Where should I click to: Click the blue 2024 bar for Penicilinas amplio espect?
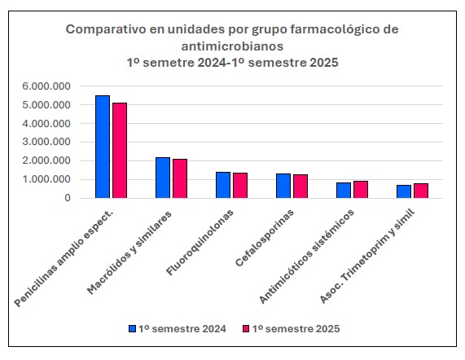(103, 147)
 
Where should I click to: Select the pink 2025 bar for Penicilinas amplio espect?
(120, 151)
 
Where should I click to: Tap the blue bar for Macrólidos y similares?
(163, 178)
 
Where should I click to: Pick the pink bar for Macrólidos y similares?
(180, 178)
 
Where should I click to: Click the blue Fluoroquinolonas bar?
(223, 185)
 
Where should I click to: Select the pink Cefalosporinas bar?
(300, 187)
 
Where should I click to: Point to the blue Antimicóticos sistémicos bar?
(344, 191)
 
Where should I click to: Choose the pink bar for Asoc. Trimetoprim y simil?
(421, 191)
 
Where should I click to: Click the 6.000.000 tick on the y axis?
(46, 86)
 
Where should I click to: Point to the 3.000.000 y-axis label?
(46, 142)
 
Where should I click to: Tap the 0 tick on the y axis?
(68, 198)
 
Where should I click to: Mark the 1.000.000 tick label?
(46, 179)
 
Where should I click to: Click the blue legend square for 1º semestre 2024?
(132, 328)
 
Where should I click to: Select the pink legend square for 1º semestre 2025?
(246, 328)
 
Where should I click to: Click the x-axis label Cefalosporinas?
(264, 238)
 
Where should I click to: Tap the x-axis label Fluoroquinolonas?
(200, 243)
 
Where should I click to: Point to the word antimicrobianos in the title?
(232, 46)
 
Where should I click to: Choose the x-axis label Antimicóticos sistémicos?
(306, 257)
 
